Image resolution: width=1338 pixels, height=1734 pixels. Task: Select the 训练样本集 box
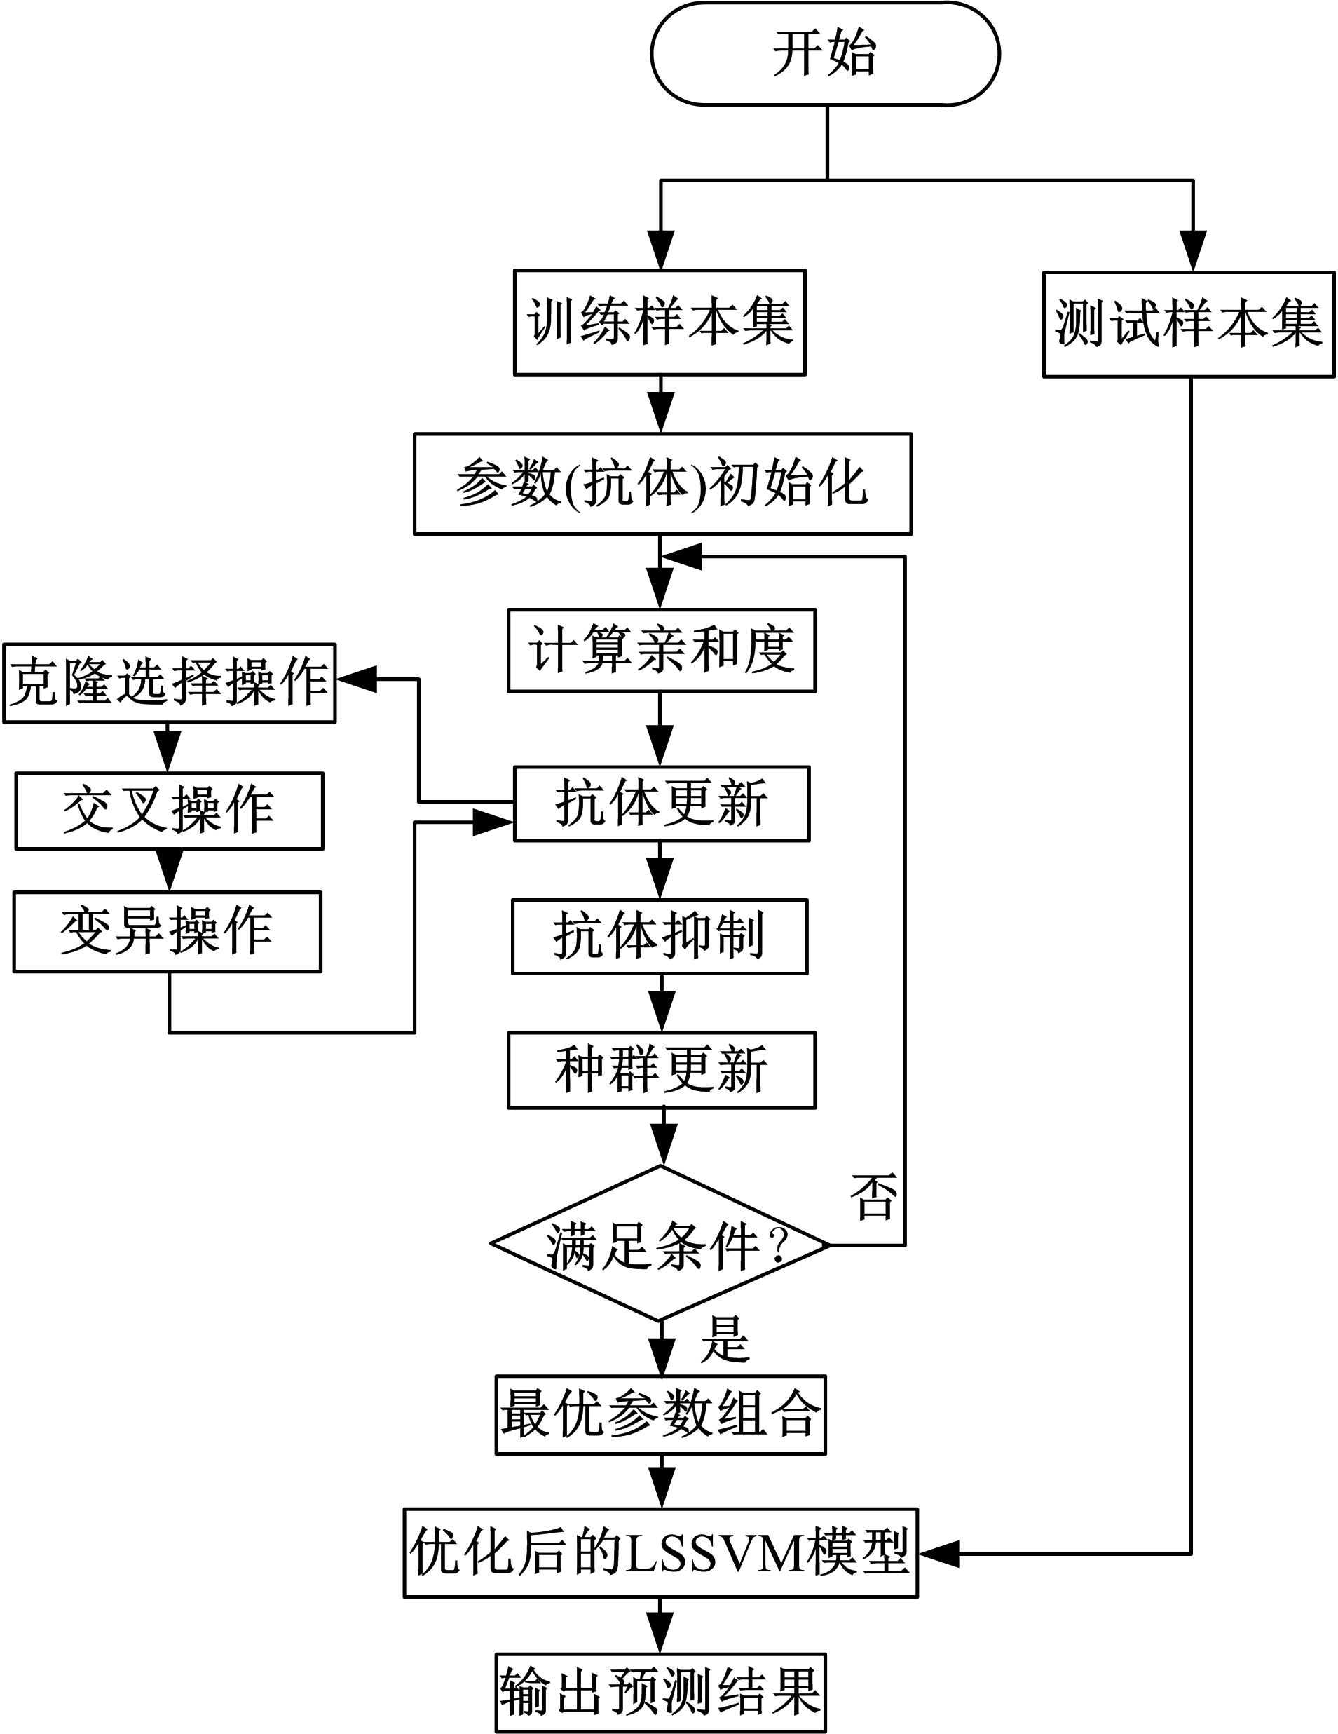660,323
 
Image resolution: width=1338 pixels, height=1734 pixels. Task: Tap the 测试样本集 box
1188,325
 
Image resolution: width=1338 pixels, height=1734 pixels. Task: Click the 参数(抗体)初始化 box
662,484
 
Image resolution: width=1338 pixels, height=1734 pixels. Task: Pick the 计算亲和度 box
661,650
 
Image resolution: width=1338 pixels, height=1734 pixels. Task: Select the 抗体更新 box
661,804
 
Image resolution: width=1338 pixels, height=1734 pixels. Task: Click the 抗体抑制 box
660,937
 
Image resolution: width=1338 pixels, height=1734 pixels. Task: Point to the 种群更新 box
661,1070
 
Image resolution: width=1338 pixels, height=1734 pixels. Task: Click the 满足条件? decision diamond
660,1244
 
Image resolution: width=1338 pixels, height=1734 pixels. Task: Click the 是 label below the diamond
724,1339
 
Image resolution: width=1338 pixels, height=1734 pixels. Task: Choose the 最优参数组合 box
660,1416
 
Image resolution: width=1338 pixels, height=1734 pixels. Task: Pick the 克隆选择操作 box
169,683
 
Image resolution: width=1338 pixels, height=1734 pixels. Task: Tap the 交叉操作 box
169,811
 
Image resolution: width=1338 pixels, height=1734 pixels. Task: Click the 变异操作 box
168,931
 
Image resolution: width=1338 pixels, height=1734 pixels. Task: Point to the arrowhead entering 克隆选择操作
355,679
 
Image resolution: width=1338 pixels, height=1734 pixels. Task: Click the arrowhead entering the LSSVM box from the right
938,1554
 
